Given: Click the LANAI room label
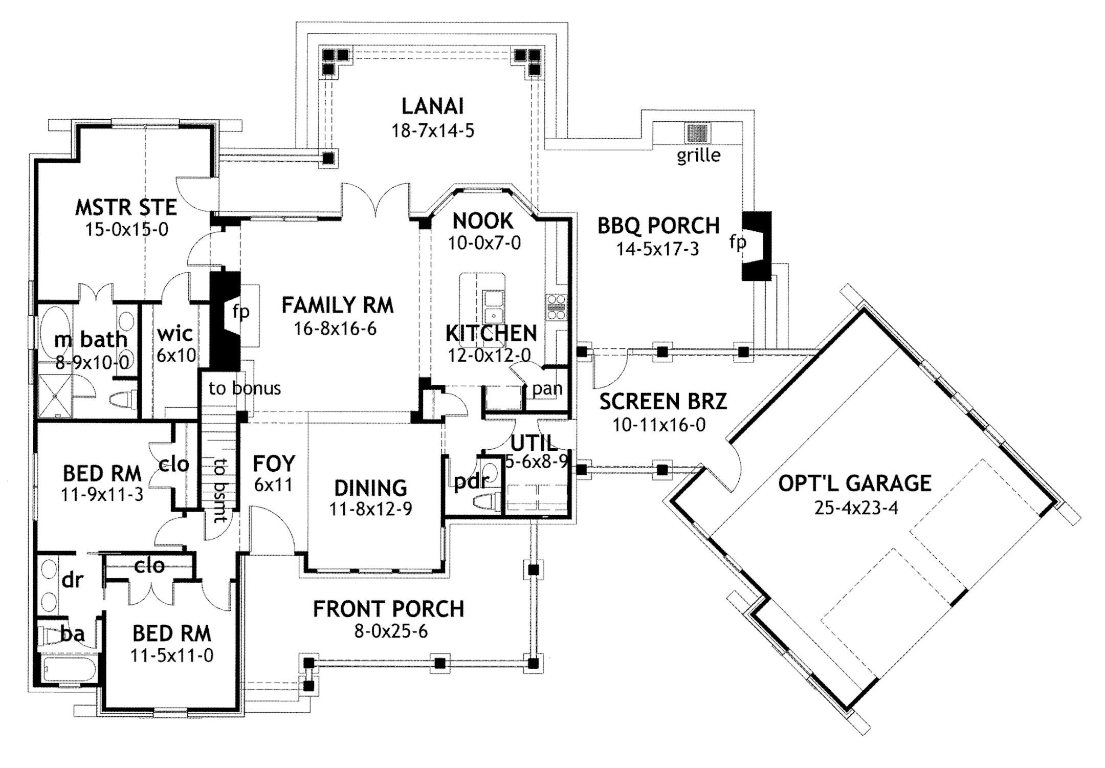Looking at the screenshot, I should (432, 106).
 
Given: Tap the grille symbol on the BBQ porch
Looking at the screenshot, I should (697, 134).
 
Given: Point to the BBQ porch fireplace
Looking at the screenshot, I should (756, 246).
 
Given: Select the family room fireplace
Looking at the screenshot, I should (225, 320).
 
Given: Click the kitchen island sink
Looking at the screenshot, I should (493, 306).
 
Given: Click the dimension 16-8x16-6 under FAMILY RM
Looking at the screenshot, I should (335, 328).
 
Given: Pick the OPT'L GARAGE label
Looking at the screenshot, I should (854, 483).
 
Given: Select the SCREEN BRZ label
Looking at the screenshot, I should (663, 402).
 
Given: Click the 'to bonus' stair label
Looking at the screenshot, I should (245, 388).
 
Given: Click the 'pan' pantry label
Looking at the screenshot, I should (547, 389).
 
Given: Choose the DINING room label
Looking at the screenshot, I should (370, 488).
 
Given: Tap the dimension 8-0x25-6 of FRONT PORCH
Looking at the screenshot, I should (391, 632).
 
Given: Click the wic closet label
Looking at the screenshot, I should (175, 334).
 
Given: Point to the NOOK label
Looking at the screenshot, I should (483, 221).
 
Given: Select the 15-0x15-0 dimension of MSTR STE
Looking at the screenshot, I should (126, 230).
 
